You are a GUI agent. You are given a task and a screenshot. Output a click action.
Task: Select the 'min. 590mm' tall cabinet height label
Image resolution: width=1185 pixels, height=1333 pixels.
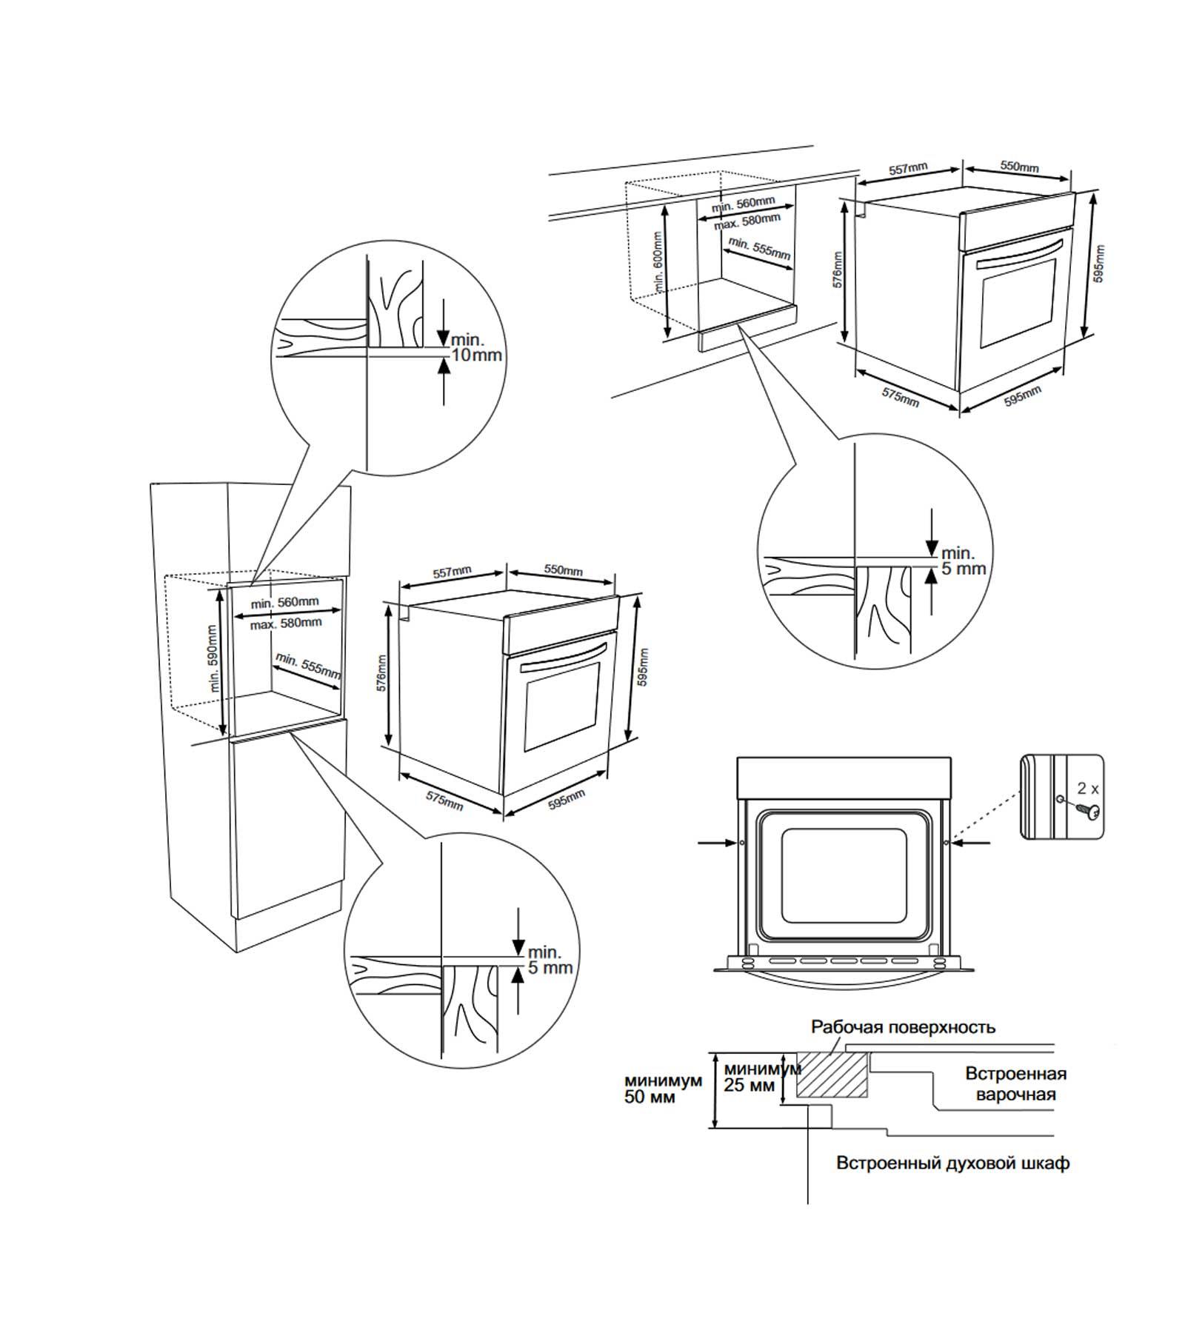[213, 658]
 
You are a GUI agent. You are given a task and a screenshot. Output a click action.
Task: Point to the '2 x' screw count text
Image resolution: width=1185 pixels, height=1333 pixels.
[1087, 788]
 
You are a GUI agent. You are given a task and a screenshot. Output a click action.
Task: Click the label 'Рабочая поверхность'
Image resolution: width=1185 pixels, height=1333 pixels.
[903, 1027]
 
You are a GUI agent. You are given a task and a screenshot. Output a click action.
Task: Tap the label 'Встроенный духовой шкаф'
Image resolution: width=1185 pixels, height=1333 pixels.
[952, 1163]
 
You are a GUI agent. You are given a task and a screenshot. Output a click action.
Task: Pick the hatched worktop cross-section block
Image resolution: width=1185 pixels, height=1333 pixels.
[832, 1074]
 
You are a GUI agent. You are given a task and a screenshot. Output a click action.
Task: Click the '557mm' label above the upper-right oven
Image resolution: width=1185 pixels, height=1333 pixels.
[907, 169]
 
